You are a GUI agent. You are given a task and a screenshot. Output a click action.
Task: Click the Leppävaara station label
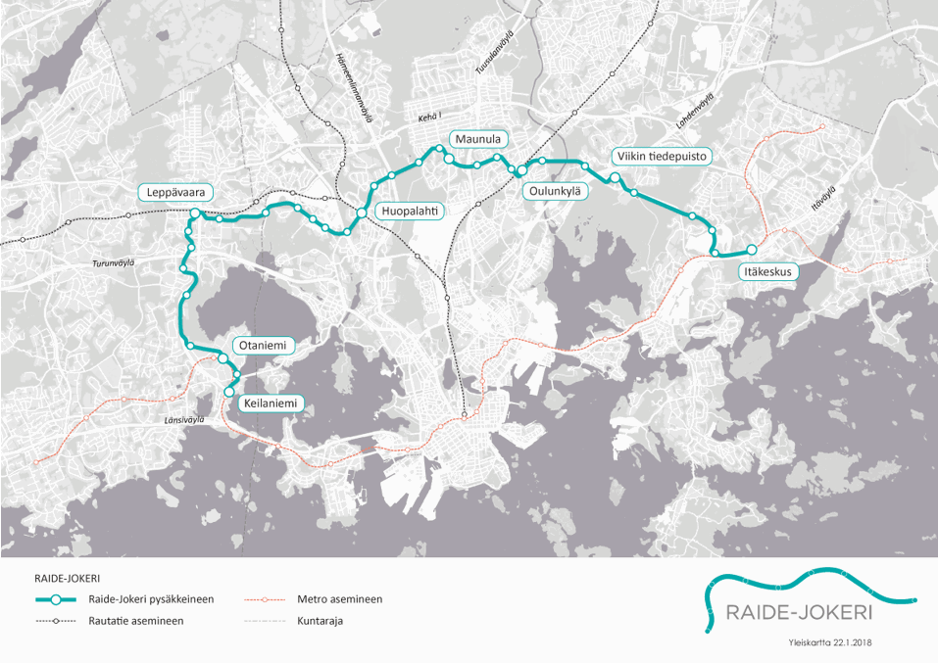(176, 192)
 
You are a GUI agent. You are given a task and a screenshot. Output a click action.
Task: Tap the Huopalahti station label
(410, 210)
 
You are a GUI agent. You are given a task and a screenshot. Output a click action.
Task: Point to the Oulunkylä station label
(555, 192)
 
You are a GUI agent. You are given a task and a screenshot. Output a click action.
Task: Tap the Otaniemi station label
(263, 346)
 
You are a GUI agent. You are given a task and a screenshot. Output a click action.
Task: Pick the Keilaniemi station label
(267, 403)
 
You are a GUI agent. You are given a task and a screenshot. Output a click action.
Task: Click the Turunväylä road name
(113, 263)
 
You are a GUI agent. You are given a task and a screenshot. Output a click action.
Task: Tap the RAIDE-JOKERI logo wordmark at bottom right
(798, 613)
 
